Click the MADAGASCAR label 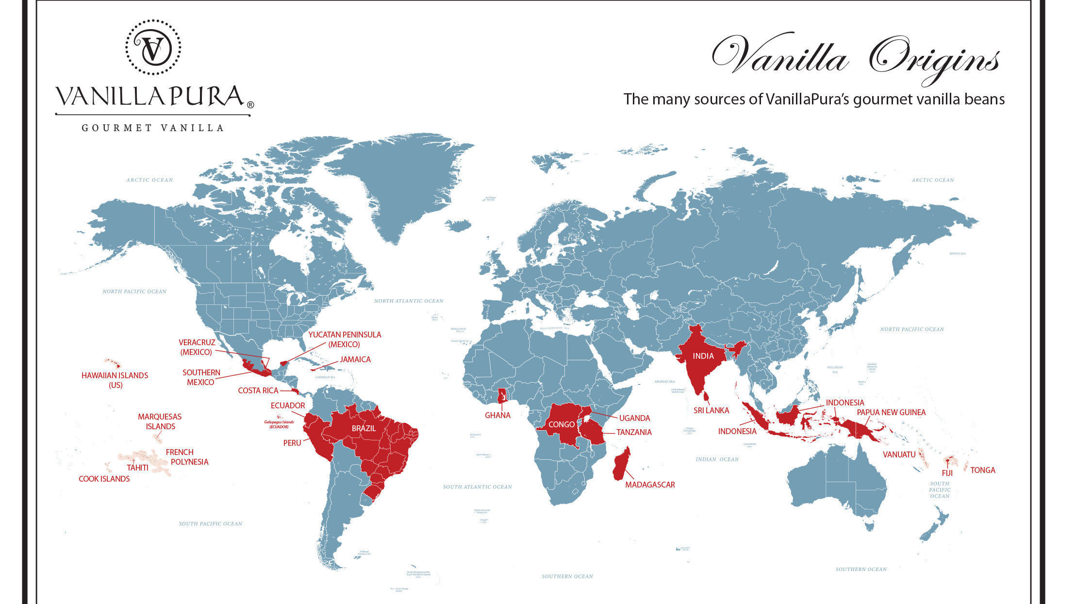[649, 485]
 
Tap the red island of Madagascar [621, 463]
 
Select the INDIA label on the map [703, 356]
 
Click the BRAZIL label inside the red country [364, 428]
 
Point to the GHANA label [497, 415]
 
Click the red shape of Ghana [502, 396]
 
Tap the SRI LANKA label [711, 410]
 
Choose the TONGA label [982, 470]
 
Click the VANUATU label [899, 454]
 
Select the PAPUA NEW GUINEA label [891, 412]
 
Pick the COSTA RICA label [258, 390]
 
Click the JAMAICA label [355, 359]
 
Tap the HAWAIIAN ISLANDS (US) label [115, 380]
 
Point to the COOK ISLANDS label [104, 479]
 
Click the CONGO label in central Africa [561, 424]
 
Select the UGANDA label [634, 418]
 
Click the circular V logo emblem [153, 48]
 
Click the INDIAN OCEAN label [717, 459]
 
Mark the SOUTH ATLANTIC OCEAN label [477, 487]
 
